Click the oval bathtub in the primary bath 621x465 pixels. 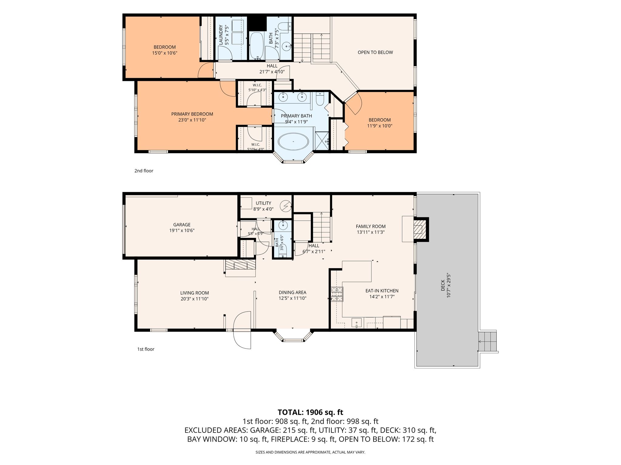click(293, 141)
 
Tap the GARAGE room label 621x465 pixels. click(182, 225)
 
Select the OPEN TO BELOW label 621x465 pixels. click(375, 52)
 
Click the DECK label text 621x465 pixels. click(443, 285)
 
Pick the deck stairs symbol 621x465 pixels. click(488, 341)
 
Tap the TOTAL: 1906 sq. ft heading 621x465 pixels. click(310, 412)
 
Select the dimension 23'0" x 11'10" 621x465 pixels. click(192, 120)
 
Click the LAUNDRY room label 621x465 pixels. click(221, 35)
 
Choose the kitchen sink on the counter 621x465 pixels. click(357, 323)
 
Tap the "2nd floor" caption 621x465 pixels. click(144, 171)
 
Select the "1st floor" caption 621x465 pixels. click(146, 349)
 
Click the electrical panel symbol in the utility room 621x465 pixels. click(285, 206)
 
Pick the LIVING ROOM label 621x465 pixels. click(194, 293)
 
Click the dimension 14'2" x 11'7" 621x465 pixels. click(382, 297)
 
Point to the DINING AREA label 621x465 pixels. click(292, 292)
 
